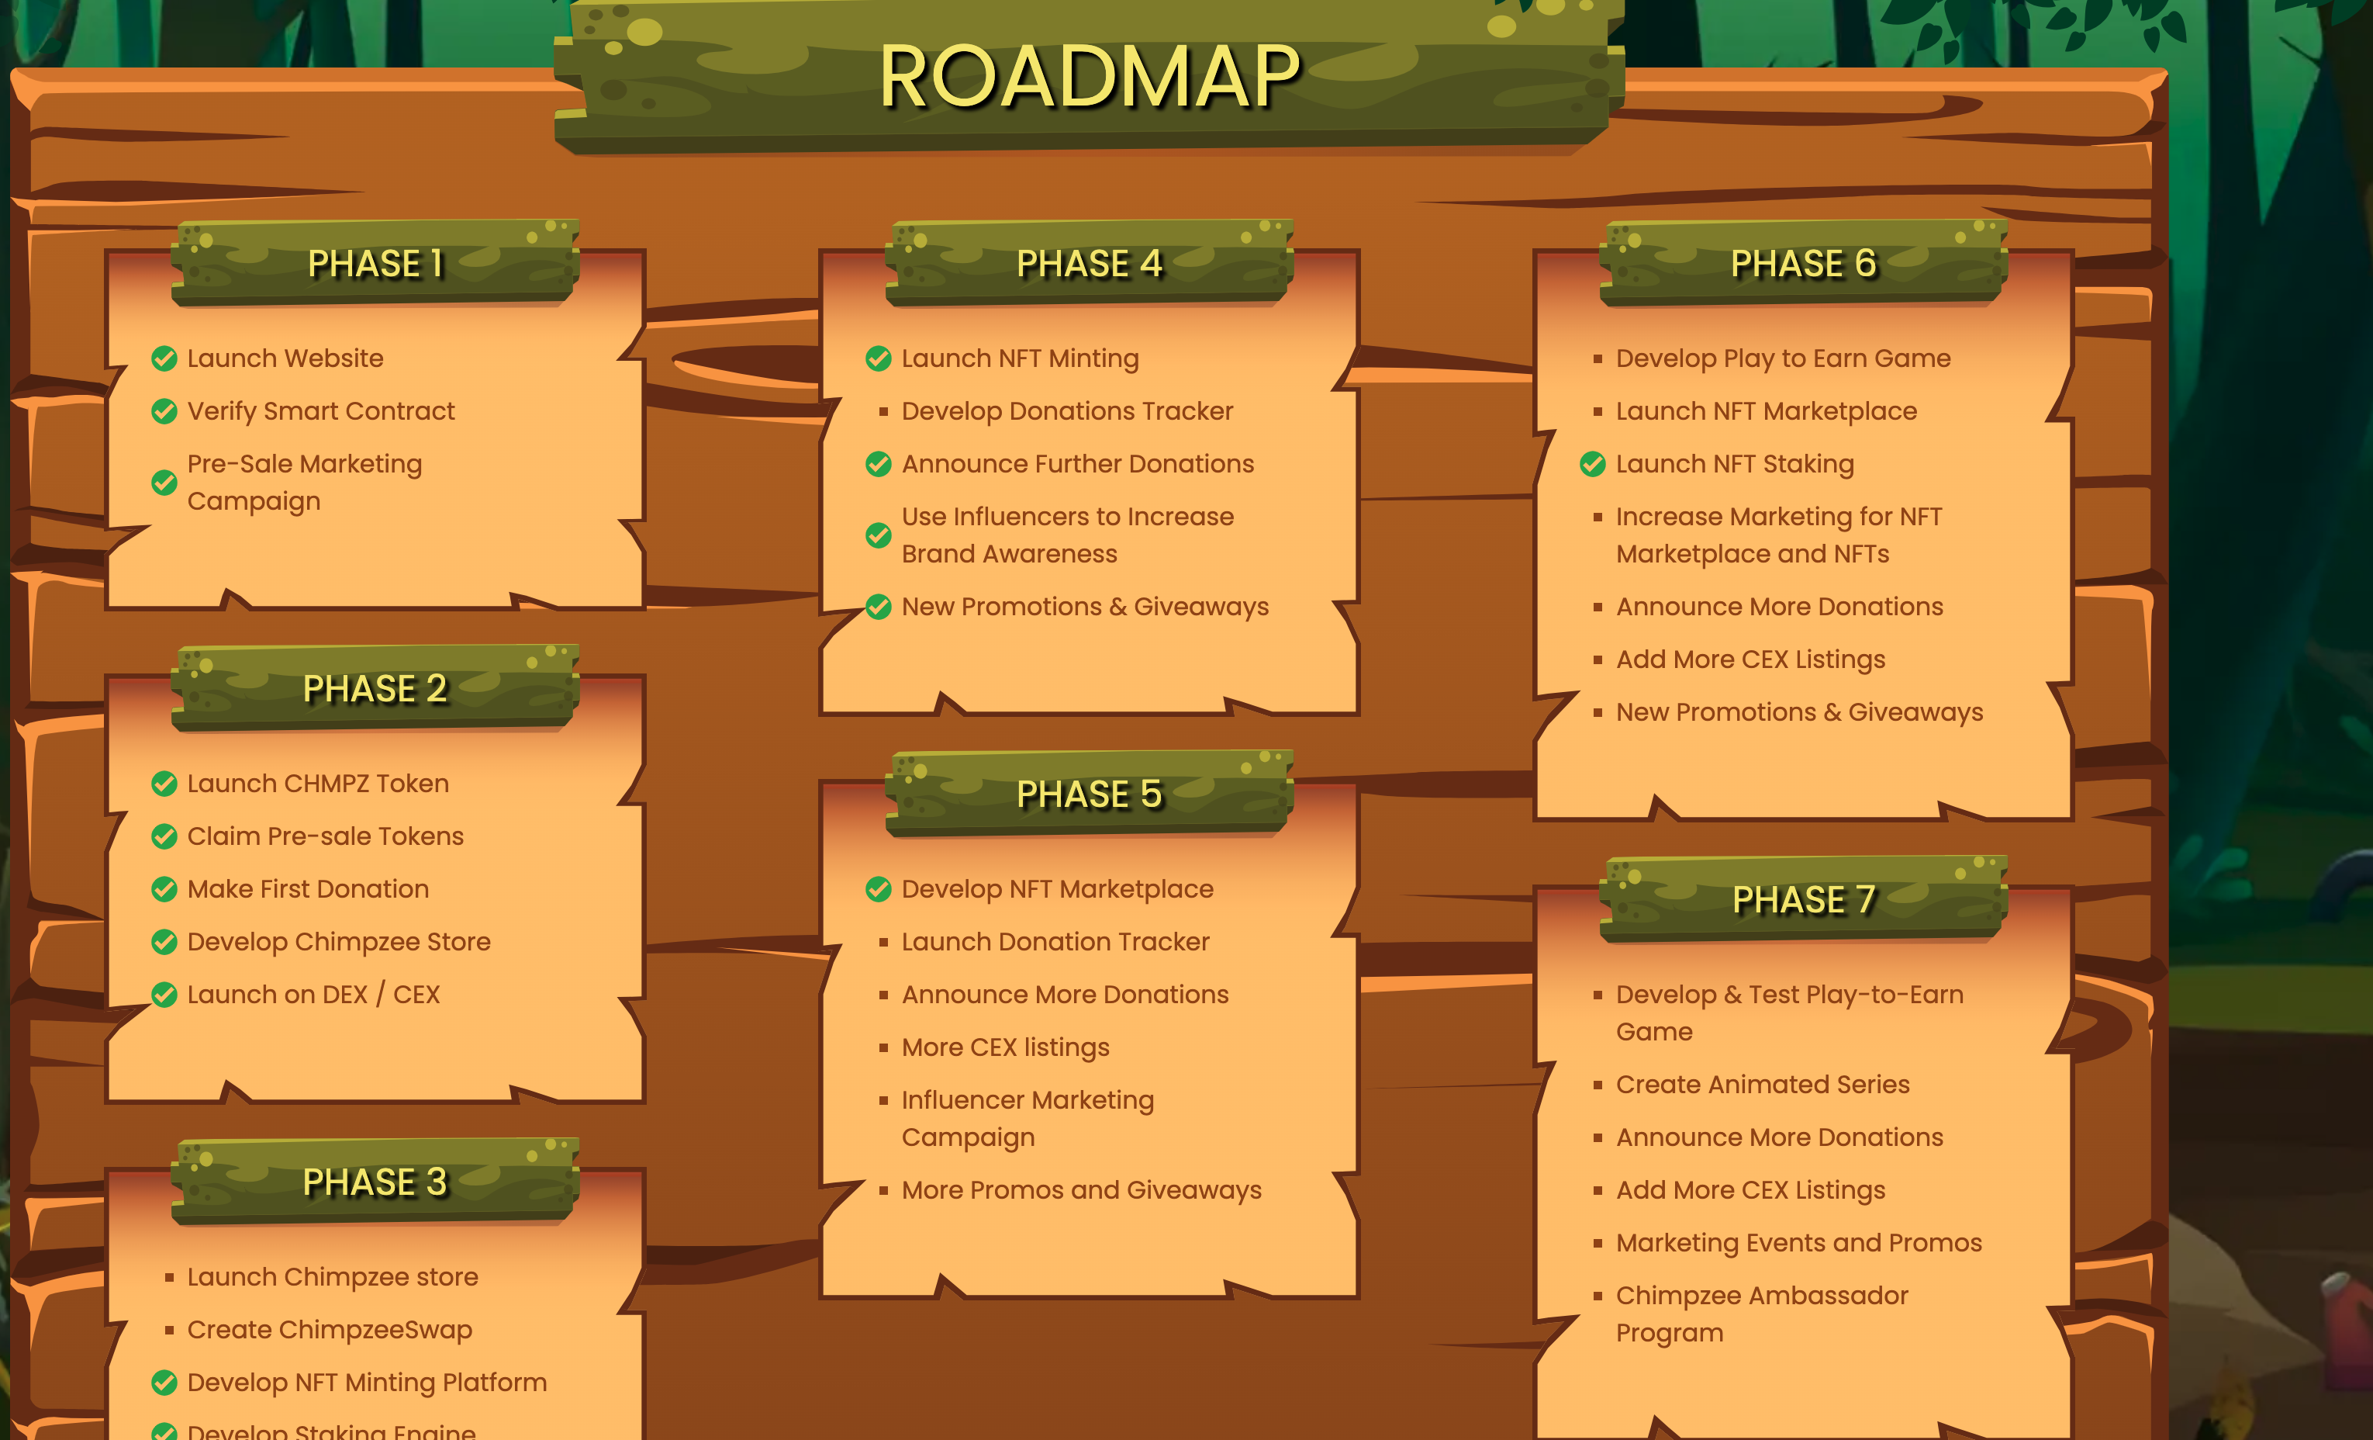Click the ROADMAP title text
coord(1090,77)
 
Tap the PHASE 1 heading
coord(375,263)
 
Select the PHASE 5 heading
coord(1090,794)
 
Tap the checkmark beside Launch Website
coord(164,358)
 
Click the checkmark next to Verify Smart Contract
coord(164,411)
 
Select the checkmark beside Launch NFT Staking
coord(1593,464)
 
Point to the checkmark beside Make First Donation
coord(164,889)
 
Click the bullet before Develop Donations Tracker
coord(883,411)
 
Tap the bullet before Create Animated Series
coord(1598,1085)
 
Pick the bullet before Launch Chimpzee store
coord(170,1277)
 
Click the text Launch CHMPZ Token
coord(318,783)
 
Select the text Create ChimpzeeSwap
coord(330,1329)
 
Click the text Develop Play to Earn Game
coord(1783,358)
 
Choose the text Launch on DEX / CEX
coord(313,994)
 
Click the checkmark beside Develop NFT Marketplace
coord(879,889)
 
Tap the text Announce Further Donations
coord(1076,464)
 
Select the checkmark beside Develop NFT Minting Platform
coord(164,1383)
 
